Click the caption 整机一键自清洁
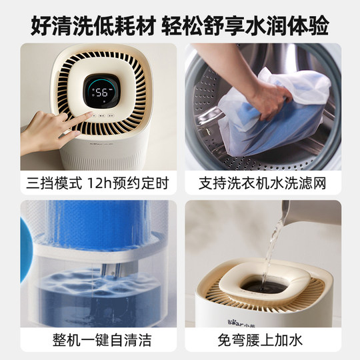(99, 339)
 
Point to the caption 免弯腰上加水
(262, 339)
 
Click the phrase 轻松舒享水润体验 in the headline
(261, 21)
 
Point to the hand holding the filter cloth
(270, 100)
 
